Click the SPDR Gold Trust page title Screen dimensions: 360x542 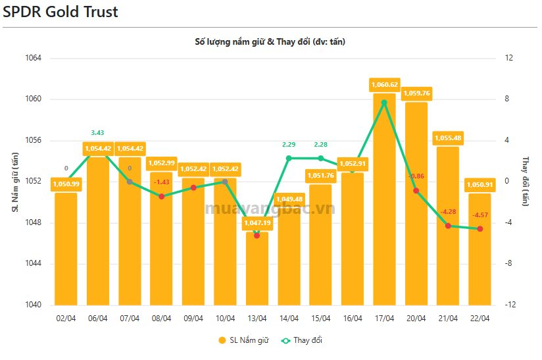[61, 12]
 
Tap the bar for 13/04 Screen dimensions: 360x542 [257, 270]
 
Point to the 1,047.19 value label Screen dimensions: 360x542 [257, 223]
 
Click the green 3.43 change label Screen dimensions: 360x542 [97, 133]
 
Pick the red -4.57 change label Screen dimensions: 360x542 [480, 215]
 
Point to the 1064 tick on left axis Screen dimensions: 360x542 [32, 58]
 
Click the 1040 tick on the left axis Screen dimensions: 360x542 [32, 305]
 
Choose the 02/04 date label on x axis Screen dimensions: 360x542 [66, 318]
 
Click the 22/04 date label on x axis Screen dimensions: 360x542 [480, 318]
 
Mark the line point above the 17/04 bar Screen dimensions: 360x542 [384, 103]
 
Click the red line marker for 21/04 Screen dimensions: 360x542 [448, 226]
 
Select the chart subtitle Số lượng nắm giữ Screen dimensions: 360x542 [270, 41]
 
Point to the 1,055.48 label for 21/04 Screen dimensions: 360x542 [448, 138]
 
